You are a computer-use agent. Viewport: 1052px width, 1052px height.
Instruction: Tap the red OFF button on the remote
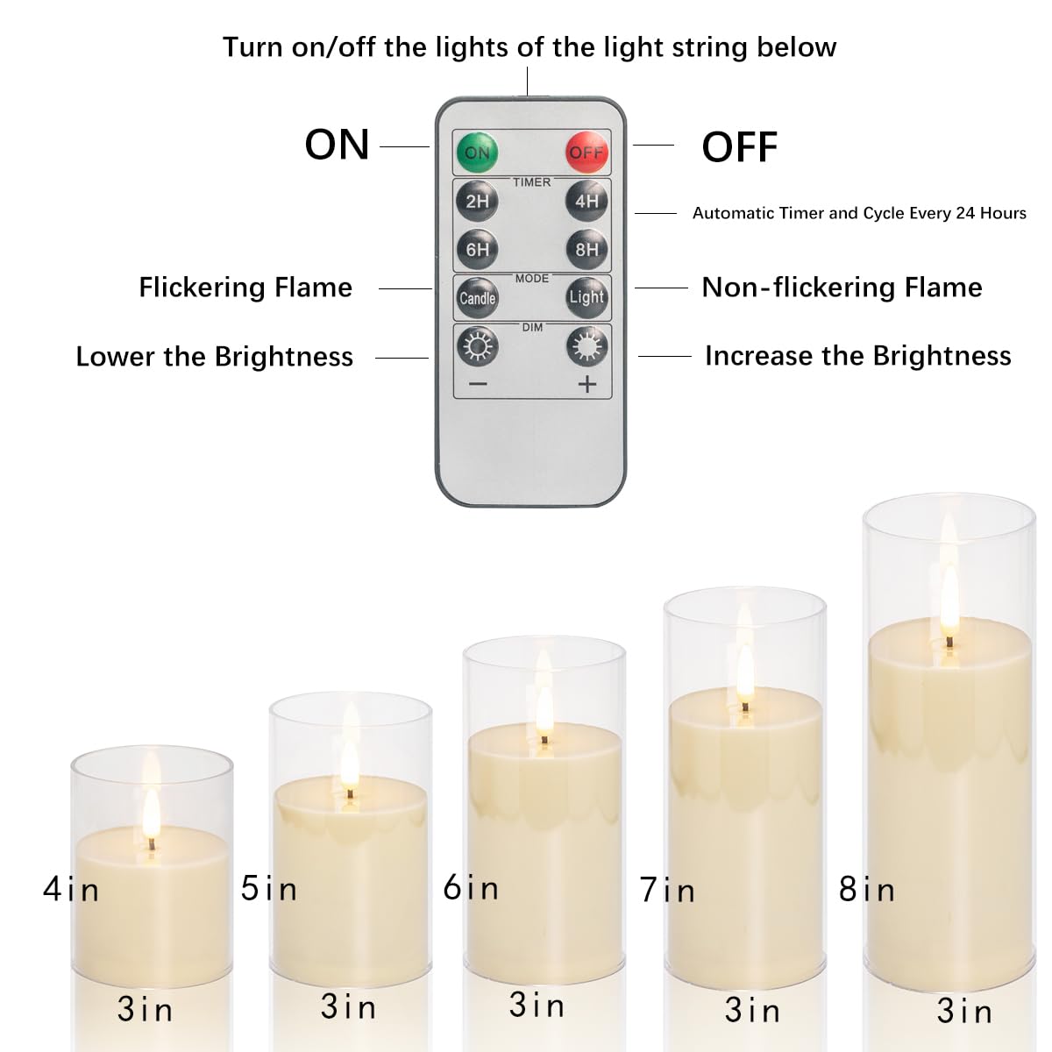coord(586,153)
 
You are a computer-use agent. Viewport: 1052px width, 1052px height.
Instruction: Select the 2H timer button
coord(477,202)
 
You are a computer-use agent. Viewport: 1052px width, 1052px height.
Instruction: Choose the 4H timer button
coord(586,202)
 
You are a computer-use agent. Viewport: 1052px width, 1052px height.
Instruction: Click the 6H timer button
coord(477,250)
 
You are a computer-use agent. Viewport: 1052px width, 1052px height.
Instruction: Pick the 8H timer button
coord(586,250)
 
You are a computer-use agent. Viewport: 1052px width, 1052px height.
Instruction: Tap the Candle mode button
coord(477,298)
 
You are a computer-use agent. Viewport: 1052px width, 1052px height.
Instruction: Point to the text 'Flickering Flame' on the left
coord(245,288)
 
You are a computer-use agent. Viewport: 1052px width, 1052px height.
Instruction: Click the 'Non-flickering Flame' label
coord(842,288)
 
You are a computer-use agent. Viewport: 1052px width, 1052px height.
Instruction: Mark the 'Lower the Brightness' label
coord(215,357)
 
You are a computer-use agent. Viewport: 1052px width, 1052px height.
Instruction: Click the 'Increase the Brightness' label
coord(857,356)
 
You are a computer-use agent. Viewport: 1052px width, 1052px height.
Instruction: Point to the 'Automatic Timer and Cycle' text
coord(859,213)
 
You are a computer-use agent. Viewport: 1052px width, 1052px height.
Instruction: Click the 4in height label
coord(71,890)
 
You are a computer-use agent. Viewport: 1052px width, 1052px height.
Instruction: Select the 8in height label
coord(867,890)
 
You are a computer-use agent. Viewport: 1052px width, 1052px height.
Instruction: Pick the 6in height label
coord(471,887)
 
